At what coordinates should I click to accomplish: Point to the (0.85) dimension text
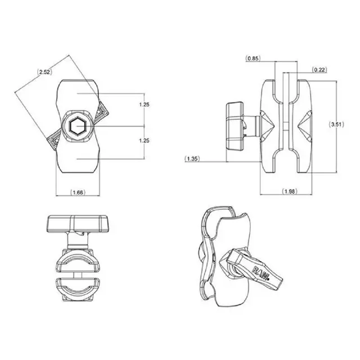click(253, 57)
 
